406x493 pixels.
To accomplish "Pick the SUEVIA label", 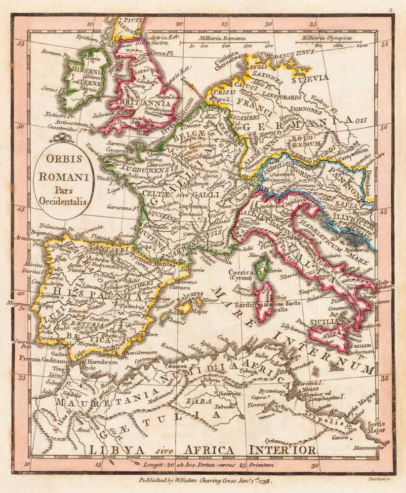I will click(310, 78).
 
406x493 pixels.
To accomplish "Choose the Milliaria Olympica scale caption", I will click(330, 38).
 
